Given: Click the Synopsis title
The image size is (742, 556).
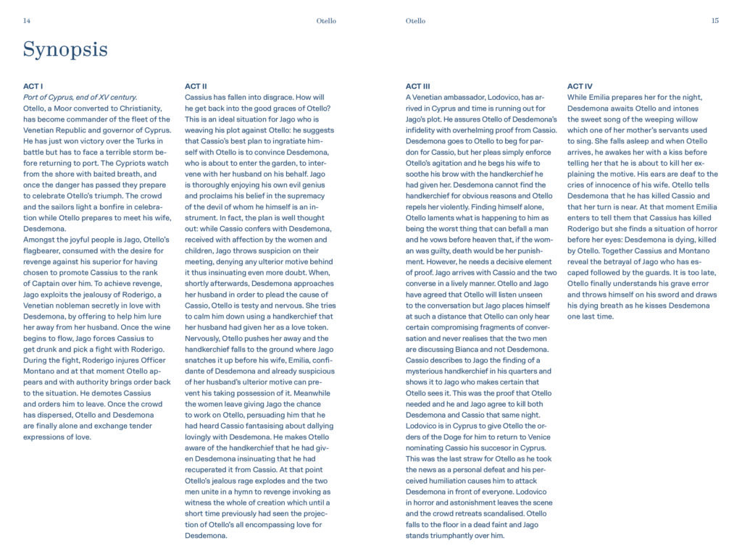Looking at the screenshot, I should click(65, 50).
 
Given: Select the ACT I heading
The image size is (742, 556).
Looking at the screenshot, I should click(33, 86).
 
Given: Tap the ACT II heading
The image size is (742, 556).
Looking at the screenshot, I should click(196, 86).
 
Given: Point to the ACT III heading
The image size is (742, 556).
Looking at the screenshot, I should click(418, 86).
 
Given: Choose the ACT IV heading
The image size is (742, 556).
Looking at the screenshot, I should click(580, 86).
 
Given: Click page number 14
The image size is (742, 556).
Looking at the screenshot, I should click(27, 21).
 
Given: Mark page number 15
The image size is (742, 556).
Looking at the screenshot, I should click(714, 21).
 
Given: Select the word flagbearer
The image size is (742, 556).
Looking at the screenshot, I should click(46, 250).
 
